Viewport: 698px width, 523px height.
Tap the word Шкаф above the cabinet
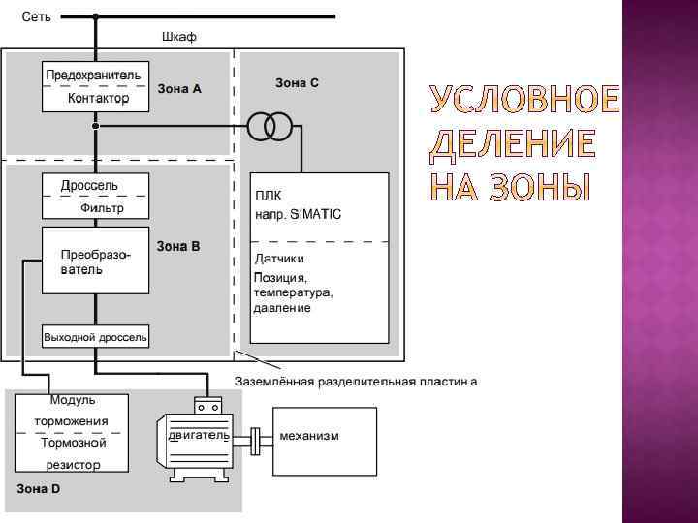tap(177, 37)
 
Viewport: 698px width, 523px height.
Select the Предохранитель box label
tap(93, 75)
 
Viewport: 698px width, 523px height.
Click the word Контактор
tap(98, 99)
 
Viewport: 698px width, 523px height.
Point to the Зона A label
tap(179, 89)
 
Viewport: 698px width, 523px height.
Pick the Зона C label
tap(297, 83)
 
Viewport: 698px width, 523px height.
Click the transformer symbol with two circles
tap(270, 127)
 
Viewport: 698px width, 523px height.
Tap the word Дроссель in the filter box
tap(90, 185)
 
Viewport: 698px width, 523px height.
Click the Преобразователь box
tap(95, 261)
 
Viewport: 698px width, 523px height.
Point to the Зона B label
tap(178, 246)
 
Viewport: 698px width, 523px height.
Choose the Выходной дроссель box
tap(95, 337)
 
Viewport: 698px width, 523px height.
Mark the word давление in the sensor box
tap(282, 308)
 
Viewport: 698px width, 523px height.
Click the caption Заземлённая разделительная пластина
tap(356, 381)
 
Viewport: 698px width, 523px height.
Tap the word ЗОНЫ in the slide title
tap(529, 186)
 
